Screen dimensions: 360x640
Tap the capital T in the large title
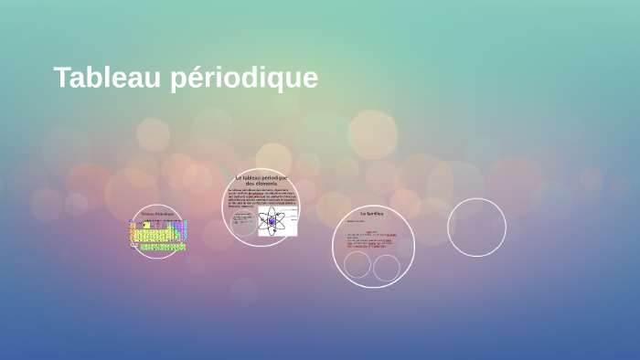[x=61, y=78]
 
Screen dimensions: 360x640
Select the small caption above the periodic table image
[x=157, y=214]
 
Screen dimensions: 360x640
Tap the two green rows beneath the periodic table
[x=161, y=248]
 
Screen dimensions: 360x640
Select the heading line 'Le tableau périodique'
[x=261, y=177]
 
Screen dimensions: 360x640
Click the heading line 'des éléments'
[x=261, y=184]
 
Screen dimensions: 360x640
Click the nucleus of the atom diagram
[x=272, y=220]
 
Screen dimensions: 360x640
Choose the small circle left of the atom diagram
[x=243, y=225]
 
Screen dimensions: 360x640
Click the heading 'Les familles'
[x=371, y=213]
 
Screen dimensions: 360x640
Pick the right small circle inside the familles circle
[x=387, y=268]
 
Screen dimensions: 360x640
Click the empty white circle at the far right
[x=476, y=228]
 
